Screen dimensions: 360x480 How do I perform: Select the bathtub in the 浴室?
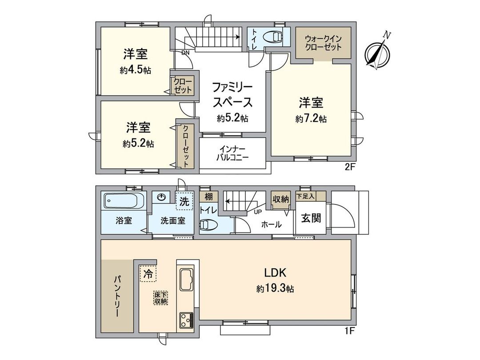pos(124,201)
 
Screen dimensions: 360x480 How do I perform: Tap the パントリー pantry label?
pos(116,296)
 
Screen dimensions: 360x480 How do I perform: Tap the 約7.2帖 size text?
pos(311,119)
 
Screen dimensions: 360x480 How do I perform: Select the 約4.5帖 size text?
pos(135,70)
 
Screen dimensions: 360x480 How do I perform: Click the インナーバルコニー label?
pos(232,153)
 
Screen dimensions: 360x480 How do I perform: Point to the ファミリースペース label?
pos(232,94)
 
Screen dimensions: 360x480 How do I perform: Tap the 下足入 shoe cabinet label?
pos(310,195)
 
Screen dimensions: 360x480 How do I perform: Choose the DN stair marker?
pos(185,52)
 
